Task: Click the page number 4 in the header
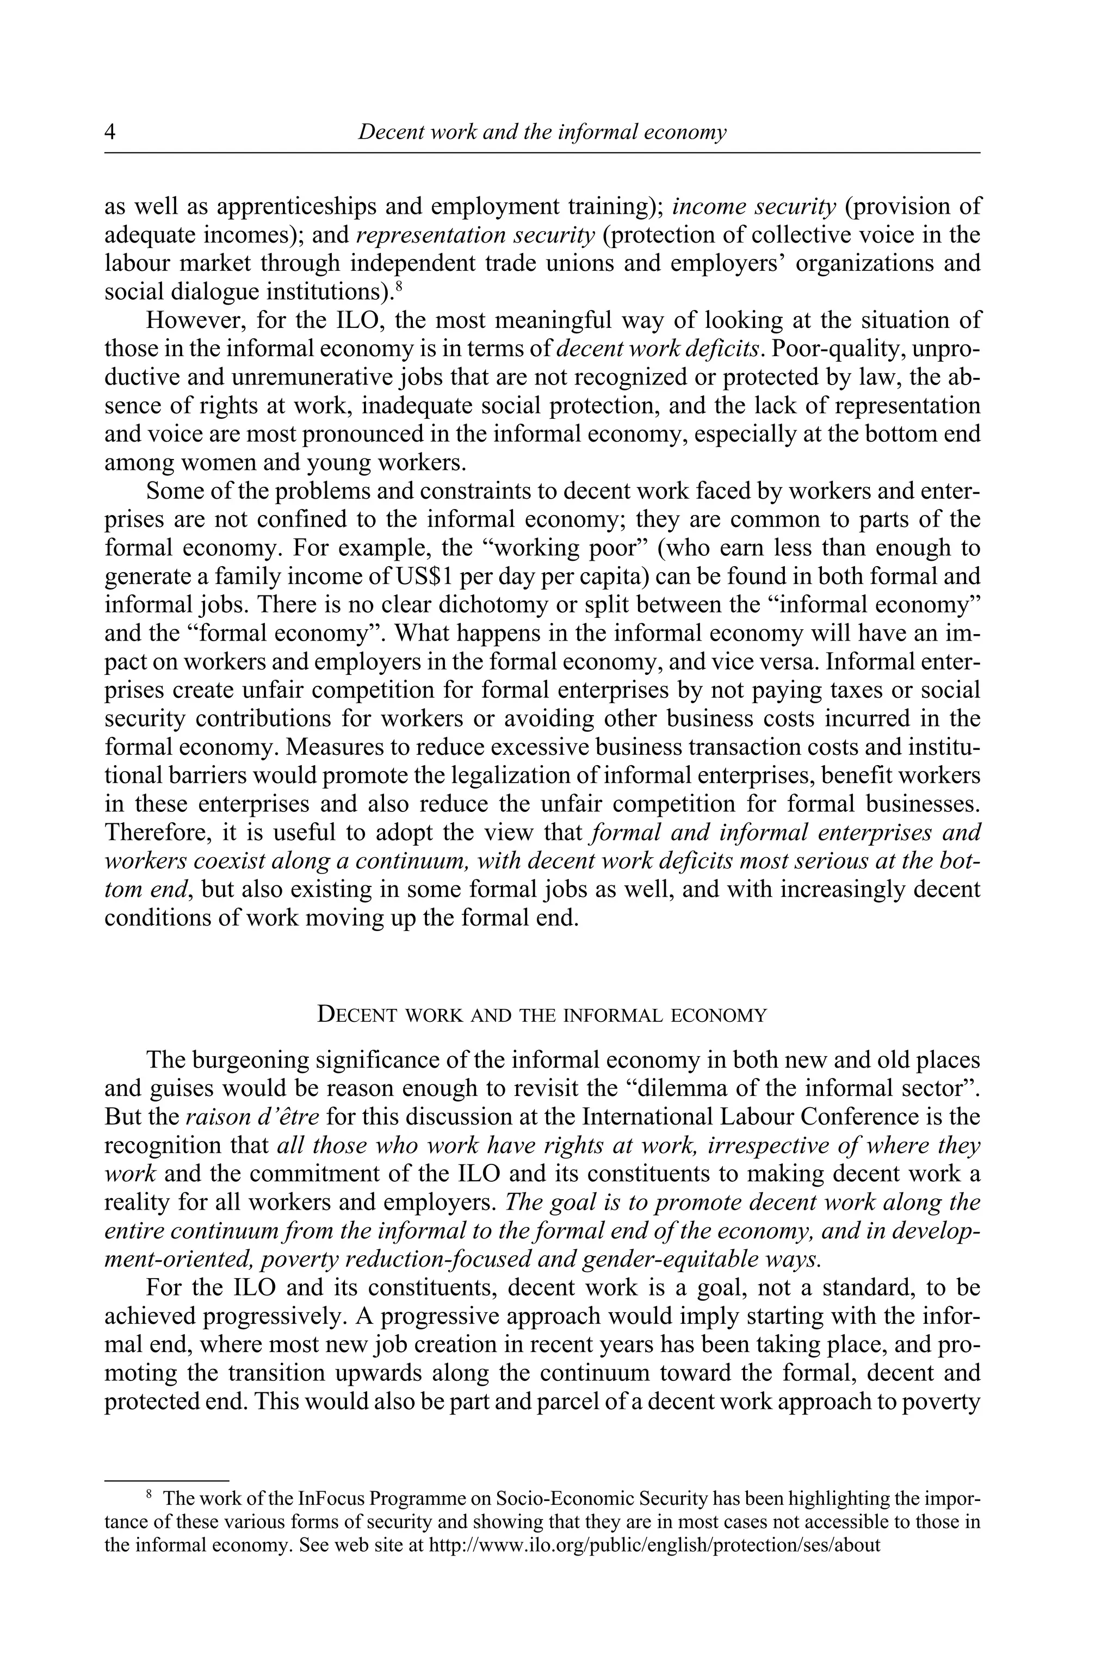[x=110, y=132]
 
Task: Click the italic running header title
[x=542, y=132]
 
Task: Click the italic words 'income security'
[x=754, y=207]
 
